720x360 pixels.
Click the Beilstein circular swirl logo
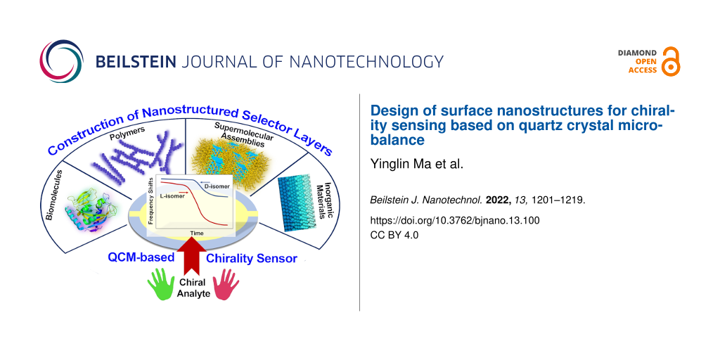tap(61, 61)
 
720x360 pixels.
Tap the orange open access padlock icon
tap(669, 61)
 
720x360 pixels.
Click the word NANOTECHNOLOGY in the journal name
tap(361, 61)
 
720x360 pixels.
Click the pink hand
tap(226, 284)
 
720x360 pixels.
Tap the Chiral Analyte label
tap(193, 288)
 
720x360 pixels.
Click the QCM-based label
tap(141, 257)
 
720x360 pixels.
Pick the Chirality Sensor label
tap(251, 259)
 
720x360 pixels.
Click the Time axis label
tap(196, 233)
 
